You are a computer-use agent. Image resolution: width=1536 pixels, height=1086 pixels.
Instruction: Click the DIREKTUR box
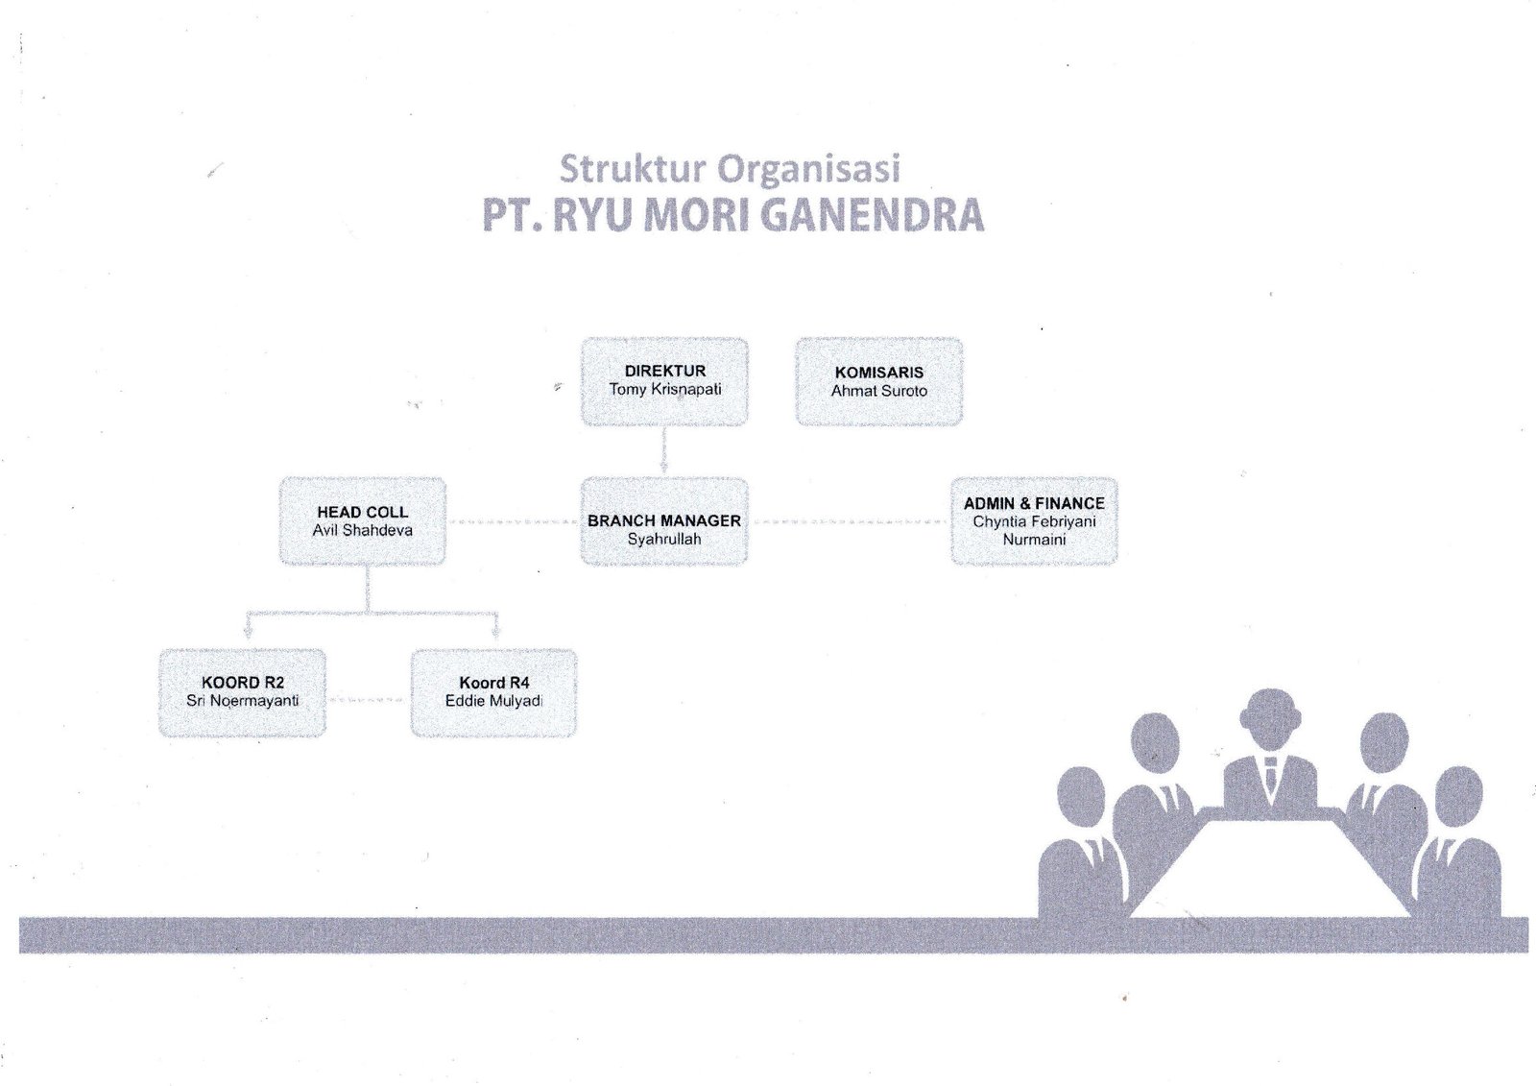coord(664,381)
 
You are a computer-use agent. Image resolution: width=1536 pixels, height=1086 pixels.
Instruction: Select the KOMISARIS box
coord(878,381)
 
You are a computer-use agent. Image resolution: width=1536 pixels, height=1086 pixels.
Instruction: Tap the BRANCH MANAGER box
coord(664,520)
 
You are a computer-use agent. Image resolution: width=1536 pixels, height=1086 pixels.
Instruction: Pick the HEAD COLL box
coord(362,520)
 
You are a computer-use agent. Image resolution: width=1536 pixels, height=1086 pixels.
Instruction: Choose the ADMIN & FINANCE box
coord(1034,520)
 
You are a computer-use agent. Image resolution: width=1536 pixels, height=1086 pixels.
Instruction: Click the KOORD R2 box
coord(242,692)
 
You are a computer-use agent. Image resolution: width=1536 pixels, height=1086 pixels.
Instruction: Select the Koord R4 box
coord(493,692)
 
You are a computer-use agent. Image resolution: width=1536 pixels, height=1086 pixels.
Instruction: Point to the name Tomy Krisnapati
coord(664,390)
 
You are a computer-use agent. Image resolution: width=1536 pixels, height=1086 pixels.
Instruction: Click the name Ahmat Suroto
coord(878,391)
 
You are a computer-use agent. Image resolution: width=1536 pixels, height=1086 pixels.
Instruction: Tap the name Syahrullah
coord(664,540)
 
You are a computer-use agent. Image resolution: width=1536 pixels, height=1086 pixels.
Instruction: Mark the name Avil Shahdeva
coord(362,530)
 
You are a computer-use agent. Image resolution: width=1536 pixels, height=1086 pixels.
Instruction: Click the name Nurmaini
coord(1034,540)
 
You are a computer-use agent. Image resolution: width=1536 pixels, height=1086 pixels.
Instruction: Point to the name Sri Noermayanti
coord(242,701)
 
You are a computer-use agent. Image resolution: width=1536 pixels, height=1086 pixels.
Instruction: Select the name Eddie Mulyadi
coord(493,701)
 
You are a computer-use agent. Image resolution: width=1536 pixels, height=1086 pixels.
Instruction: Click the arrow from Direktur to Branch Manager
coord(664,450)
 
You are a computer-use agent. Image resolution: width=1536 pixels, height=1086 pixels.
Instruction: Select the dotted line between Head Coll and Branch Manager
coord(513,522)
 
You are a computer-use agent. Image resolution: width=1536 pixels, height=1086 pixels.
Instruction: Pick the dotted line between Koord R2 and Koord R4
coord(368,701)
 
